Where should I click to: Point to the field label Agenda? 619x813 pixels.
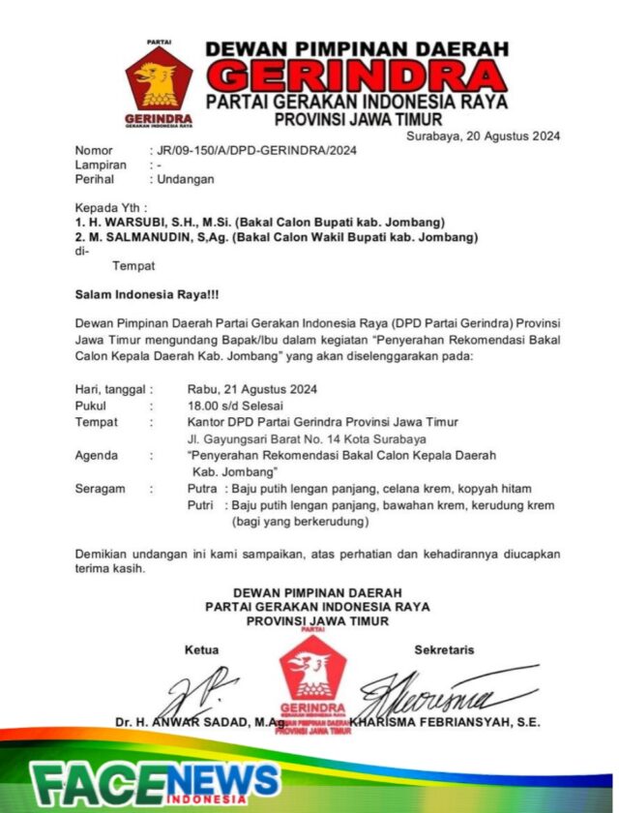pyautogui.click(x=97, y=455)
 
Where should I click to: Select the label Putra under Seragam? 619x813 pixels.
pyautogui.click(x=202, y=489)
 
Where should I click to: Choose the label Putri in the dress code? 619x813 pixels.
pyautogui.click(x=201, y=505)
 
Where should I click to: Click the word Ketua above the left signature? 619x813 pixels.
pyautogui.click(x=202, y=649)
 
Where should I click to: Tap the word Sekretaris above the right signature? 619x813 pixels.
pyautogui.click(x=444, y=649)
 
